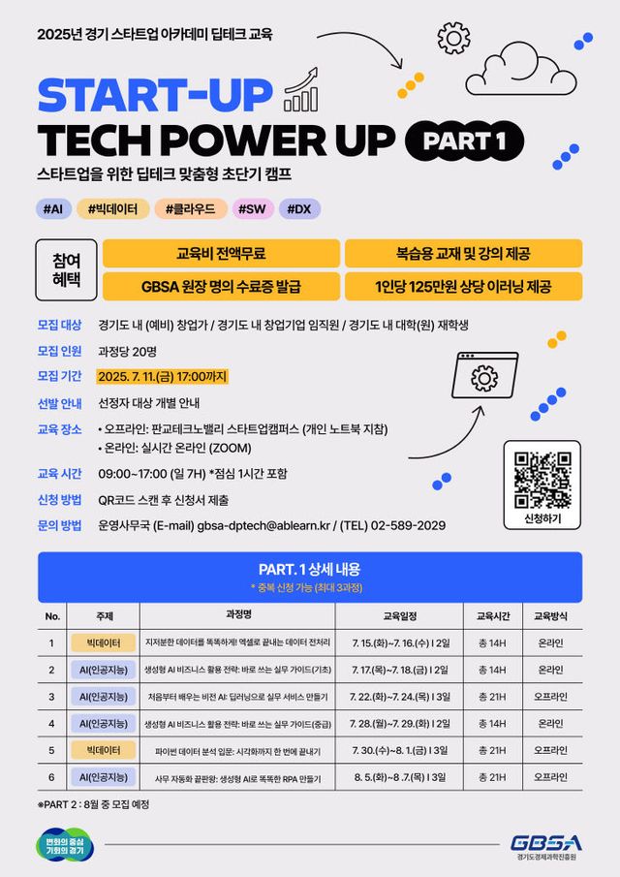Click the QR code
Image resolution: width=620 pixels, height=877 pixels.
point(542,480)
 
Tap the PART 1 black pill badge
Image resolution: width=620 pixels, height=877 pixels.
point(465,142)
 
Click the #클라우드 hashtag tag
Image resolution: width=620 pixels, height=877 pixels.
point(196,208)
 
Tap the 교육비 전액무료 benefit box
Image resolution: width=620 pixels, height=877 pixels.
point(221,254)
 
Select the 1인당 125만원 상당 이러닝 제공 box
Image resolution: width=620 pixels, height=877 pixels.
point(463,286)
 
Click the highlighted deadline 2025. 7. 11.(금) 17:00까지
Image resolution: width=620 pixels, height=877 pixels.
point(163,376)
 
